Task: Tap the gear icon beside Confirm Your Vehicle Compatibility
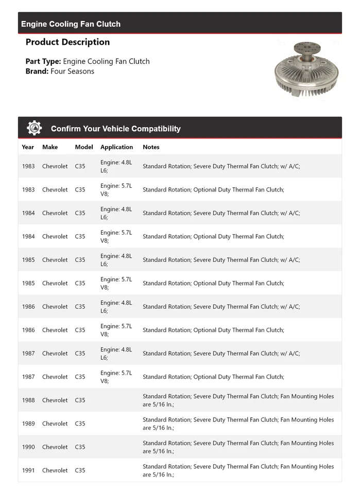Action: click(35, 128)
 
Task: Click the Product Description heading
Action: click(67, 42)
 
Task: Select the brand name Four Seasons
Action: click(72, 71)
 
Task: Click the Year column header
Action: click(28, 147)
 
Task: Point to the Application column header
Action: click(116, 147)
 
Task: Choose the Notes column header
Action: click(151, 147)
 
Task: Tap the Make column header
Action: click(50, 147)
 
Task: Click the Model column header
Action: click(84, 147)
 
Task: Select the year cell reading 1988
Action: click(28, 400)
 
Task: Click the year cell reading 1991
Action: click(28, 470)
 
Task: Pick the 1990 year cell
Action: click(28, 447)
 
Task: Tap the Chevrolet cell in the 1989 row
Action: click(55, 424)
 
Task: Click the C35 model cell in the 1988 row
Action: click(80, 400)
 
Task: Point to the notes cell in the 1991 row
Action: click(238, 470)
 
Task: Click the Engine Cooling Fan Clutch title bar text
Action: click(71, 24)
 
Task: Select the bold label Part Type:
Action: click(43, 61)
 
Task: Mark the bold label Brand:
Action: click(37, 71)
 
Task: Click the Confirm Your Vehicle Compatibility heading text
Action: click(115, 129)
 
